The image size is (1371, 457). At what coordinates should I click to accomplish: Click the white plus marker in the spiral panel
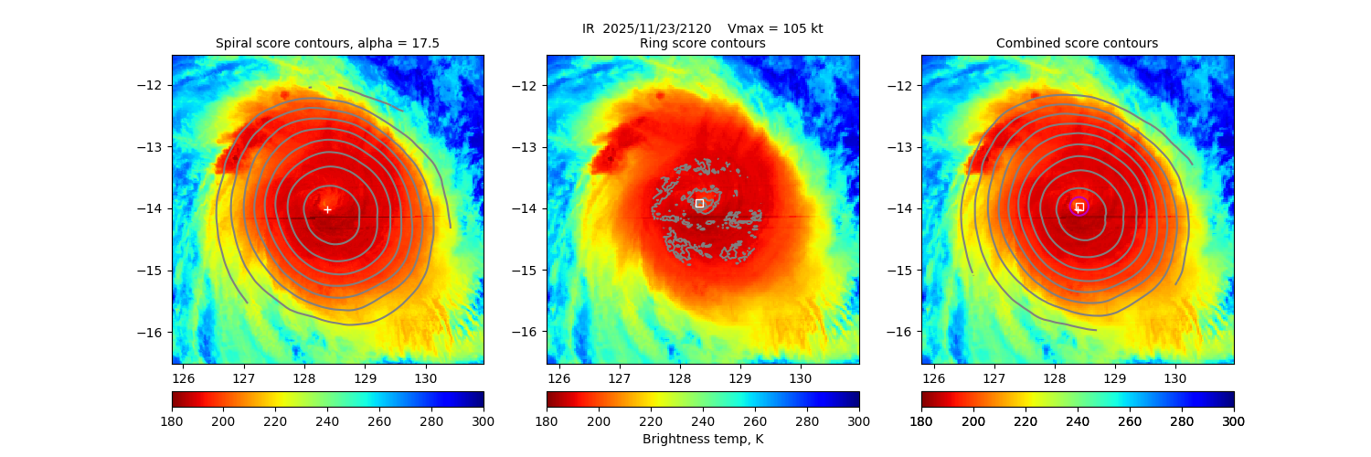pos(327,209)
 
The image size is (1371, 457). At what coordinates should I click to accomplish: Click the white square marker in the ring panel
pos(699,203)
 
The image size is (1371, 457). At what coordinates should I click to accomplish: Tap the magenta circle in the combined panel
pos(1079,207)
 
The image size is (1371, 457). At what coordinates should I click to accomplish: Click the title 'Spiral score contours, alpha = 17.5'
pos(327,43)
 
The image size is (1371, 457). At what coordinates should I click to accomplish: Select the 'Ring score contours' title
pos(702,43)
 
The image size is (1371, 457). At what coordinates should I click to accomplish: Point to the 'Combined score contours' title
pos(1077,43)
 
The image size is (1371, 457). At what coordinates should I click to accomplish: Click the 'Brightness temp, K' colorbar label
pos(702,440)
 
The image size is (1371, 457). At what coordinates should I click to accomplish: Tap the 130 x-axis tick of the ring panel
pos(800,377)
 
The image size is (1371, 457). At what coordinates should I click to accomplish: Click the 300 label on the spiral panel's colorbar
pos(484,421)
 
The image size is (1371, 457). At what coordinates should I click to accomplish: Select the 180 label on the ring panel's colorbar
pos(547,421)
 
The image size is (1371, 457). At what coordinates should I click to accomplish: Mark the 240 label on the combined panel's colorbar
pos(1078,421)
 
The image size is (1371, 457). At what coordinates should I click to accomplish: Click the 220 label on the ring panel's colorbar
pos(651,421)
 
